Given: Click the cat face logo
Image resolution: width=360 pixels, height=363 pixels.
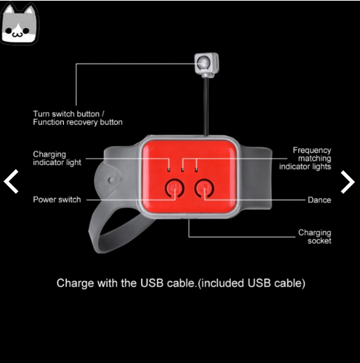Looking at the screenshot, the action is click(20, 24).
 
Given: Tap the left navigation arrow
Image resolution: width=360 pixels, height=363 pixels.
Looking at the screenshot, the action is click(11, 182).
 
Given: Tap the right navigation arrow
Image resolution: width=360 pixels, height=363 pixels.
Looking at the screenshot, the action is click(348, 182).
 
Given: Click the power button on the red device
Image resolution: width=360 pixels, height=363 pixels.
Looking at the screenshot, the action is click(175, 188).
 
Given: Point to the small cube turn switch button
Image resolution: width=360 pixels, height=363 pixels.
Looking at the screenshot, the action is click(206, 65).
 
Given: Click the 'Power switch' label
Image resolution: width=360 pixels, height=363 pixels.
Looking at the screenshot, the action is click(57, 199).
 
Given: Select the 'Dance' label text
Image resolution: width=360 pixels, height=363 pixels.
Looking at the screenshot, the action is click(319, 200).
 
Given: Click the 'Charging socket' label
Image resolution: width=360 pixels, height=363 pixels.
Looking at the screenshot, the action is click(314, 237).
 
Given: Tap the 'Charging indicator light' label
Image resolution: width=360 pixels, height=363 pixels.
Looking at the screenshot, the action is click(57, 158).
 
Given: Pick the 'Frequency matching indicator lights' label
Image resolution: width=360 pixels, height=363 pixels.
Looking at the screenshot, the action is click(305, 158).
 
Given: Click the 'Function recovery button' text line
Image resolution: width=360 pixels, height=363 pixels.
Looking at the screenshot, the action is click(78, 122).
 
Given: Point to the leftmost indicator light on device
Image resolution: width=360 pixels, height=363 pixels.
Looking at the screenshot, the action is click(169, 169).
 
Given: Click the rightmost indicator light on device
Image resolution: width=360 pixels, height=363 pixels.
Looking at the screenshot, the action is click(196, 169).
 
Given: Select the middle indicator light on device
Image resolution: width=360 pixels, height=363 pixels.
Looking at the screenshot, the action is click(182, 169).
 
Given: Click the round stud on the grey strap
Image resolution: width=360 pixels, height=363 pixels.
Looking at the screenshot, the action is click(112, 180).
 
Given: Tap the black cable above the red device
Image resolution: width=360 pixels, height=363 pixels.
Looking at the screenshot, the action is click(206, 107).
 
